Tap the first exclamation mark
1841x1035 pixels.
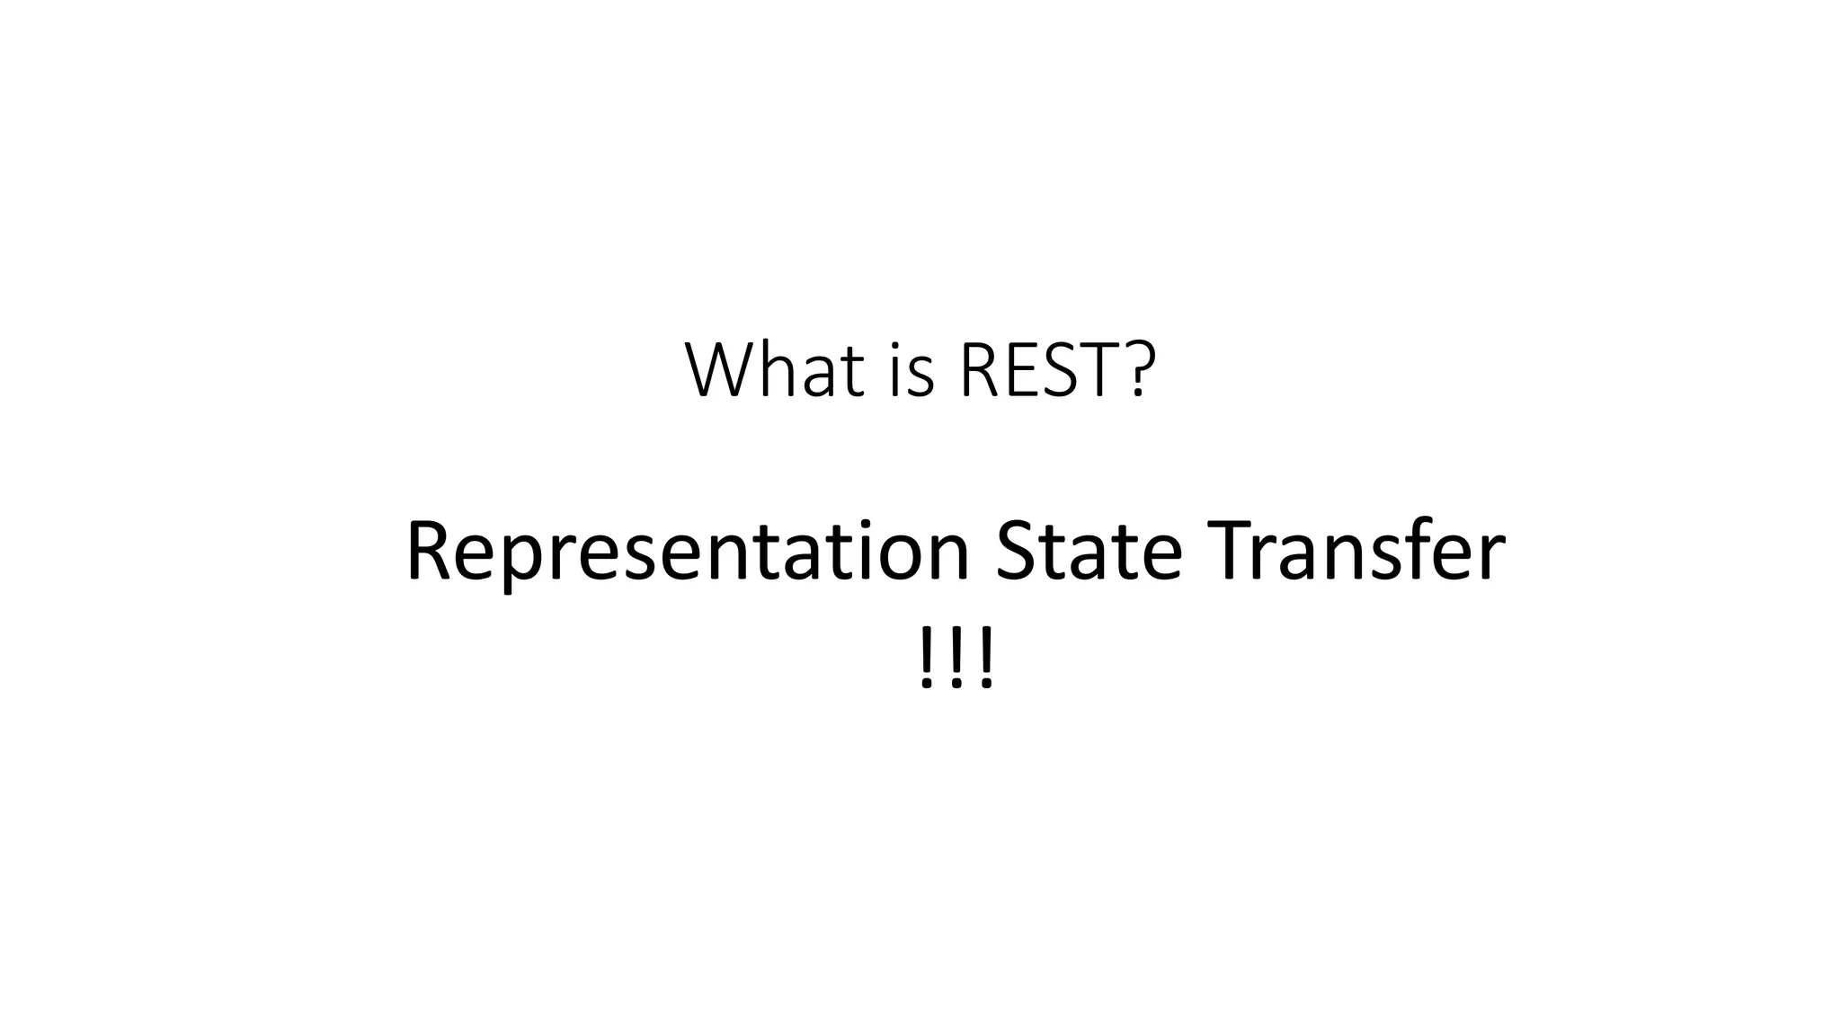click(x=927, y=660)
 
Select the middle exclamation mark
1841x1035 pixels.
click(x=956, y=660)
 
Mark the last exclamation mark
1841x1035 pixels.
click(x=986, y=660)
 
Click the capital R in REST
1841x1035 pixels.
click(x=980, y=370)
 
